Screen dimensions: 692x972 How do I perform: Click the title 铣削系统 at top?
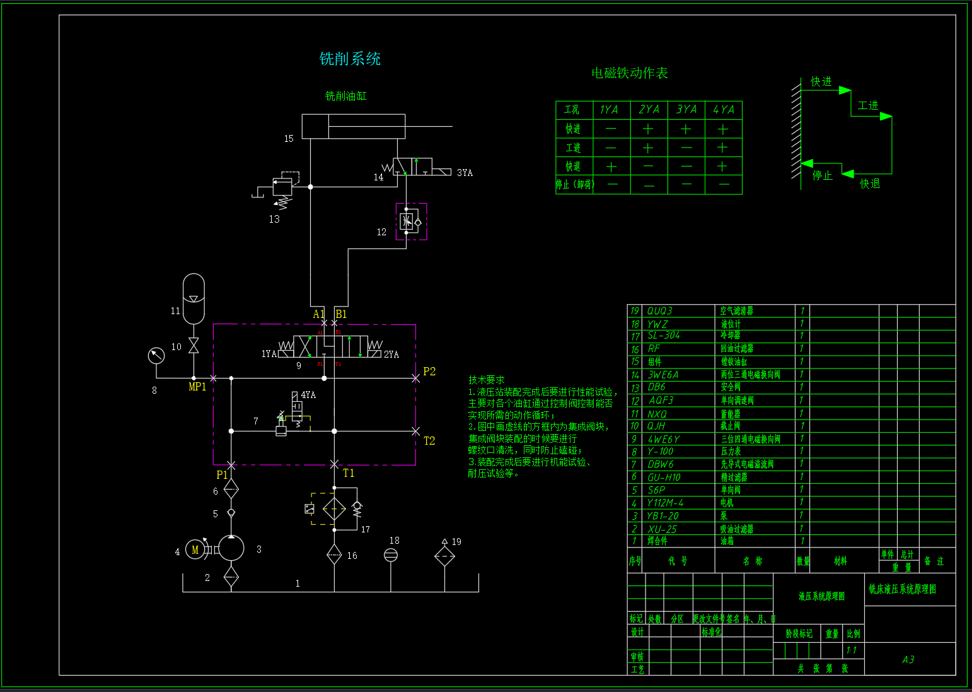click(350, 59)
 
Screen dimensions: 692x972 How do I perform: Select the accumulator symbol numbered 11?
click(194, 298)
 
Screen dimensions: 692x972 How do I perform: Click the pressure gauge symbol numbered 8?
click(156, 356)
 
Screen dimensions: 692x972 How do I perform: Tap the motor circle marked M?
click(195, 550)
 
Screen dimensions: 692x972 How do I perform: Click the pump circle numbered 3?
click(231, 548)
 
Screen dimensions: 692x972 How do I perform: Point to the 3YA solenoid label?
click(465, 173)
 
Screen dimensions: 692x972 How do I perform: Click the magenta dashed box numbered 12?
click(411, 221)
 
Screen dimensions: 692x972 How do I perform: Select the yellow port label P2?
click(429, 372)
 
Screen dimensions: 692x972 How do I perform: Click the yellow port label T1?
click(349, 473)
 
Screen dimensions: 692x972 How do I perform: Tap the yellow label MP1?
click(197, 387)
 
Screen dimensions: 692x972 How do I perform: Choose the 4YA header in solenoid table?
click(723, 110)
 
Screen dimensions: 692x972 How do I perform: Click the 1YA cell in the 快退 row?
click(611, 167)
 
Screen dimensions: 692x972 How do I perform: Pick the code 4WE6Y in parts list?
click(663, 439)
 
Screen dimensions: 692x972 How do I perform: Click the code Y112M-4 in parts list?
click(665, 503)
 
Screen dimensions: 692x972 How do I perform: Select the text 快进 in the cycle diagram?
click(821, 82)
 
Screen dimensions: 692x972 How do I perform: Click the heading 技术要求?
click(486, 380)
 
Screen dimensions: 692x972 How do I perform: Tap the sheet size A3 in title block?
click(908, 659)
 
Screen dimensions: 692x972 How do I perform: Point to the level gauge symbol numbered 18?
click(391, 555)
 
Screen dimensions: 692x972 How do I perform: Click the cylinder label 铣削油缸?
click(345, 96)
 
